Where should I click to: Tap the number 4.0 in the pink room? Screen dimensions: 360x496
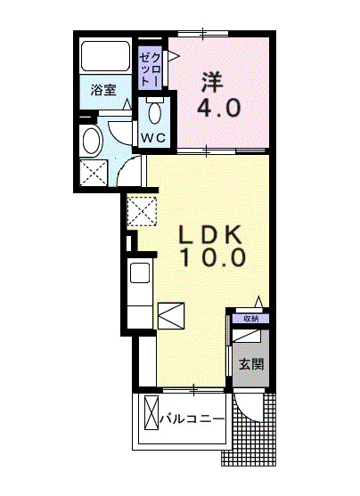pos(219,108)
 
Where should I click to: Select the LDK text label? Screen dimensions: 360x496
pos(211,234)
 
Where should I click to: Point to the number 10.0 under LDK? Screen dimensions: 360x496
pos(213,256)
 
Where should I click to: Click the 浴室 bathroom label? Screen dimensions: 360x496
pos(103,90)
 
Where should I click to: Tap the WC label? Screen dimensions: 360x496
pos(153,138)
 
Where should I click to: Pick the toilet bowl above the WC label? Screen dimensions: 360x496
pos(154,110)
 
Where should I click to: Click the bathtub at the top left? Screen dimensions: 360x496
pos(106,56)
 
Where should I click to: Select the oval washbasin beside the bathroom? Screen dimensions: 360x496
pos(91,140)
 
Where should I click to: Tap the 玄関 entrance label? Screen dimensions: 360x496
pos(251,364)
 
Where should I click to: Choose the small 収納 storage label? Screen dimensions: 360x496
pos(251,319)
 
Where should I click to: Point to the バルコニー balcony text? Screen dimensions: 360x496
pos(192,419)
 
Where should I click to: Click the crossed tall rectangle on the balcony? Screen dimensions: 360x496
pos(151,412)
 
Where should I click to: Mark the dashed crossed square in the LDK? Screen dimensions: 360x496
pos(142,211)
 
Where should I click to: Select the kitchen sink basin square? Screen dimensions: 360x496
pos(140,272)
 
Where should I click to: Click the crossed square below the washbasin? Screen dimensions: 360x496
pos(94,173)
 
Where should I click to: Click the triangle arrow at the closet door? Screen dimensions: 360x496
pos(174,56)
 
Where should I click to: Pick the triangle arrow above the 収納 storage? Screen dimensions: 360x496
pos(259,302)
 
